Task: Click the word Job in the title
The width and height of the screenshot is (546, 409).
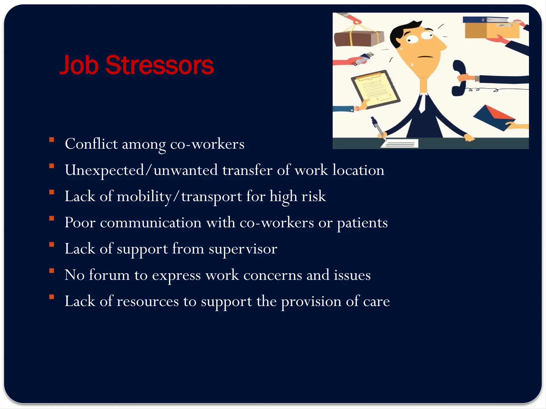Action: (79, 65)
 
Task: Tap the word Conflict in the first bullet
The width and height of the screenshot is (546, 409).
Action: (91, 144)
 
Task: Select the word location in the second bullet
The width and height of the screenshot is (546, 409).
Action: (358, 170)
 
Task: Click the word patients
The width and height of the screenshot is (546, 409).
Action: (362, 223)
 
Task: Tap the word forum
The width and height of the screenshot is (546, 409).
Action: (109, 275)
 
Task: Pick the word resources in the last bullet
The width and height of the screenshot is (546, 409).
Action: (148, 301)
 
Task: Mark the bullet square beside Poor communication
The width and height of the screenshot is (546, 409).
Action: (52, 218)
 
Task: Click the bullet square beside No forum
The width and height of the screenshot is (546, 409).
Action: (52, 271)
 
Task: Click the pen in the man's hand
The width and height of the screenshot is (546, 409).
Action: (378, 128)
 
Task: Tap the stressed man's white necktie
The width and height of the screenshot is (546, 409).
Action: (422, 104)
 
